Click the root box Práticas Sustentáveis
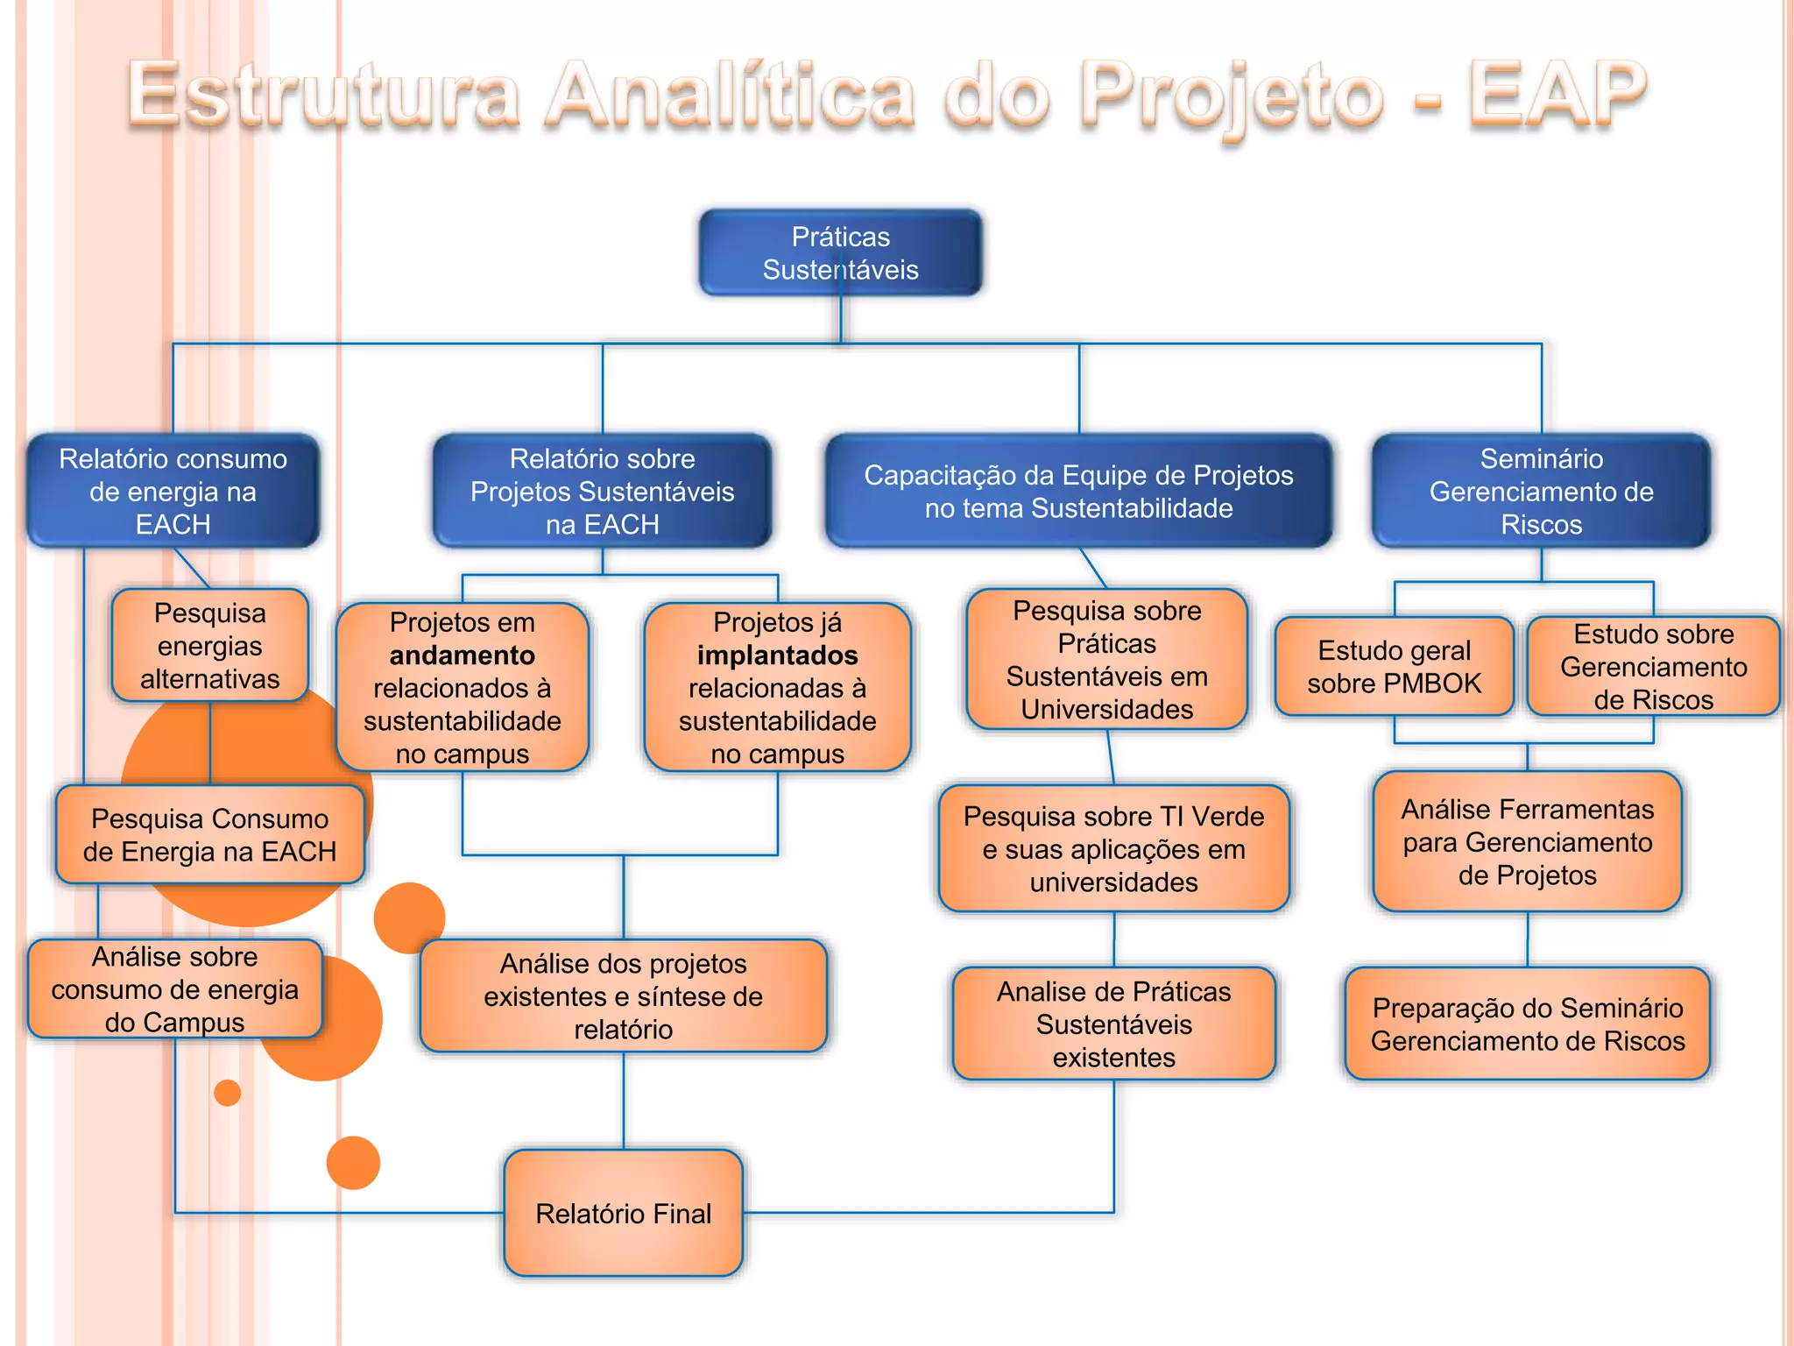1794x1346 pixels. (840, 252)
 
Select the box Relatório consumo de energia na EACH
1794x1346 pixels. (173, 491)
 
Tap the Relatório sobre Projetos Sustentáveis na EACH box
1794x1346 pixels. (602, 491)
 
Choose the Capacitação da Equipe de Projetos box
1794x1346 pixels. (1078, 491)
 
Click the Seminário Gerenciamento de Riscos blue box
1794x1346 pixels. (1541, 491)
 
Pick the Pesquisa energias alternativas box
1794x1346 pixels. (210, 645)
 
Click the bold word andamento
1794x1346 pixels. (462, 655)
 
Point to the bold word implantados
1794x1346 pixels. (777, 655)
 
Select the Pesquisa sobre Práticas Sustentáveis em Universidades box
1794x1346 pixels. (1106, 659)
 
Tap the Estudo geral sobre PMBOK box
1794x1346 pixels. (1394, 666)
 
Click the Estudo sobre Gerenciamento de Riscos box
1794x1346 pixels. (1653, 666)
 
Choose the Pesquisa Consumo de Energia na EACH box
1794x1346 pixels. (210, 834)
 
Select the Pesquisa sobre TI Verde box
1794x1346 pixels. (1113, 848)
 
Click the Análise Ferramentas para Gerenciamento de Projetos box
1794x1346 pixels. (1527, 841)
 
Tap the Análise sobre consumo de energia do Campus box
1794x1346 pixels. (175, 988)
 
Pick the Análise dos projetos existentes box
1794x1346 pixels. (623, 995)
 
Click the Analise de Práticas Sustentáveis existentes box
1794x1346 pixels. (1113, 1024)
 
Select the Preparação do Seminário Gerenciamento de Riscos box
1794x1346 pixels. (1527, 1024)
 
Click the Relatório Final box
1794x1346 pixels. (623, 1213)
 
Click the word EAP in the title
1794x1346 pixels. (1557, 95)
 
